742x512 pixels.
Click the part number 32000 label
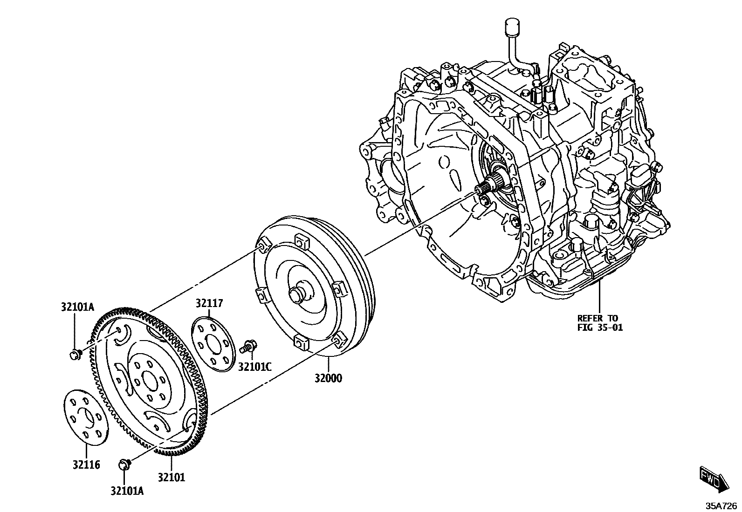click(327, 378)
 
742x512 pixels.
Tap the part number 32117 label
click(209, 303)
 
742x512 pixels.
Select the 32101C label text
click(254, 367)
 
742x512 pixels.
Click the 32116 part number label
click(86, 464)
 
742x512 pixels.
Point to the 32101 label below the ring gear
click(171, 477)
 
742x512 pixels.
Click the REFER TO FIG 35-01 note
click(600, 322)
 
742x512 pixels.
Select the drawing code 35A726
click(721, 505)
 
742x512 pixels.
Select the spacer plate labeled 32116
click(85, 417)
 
